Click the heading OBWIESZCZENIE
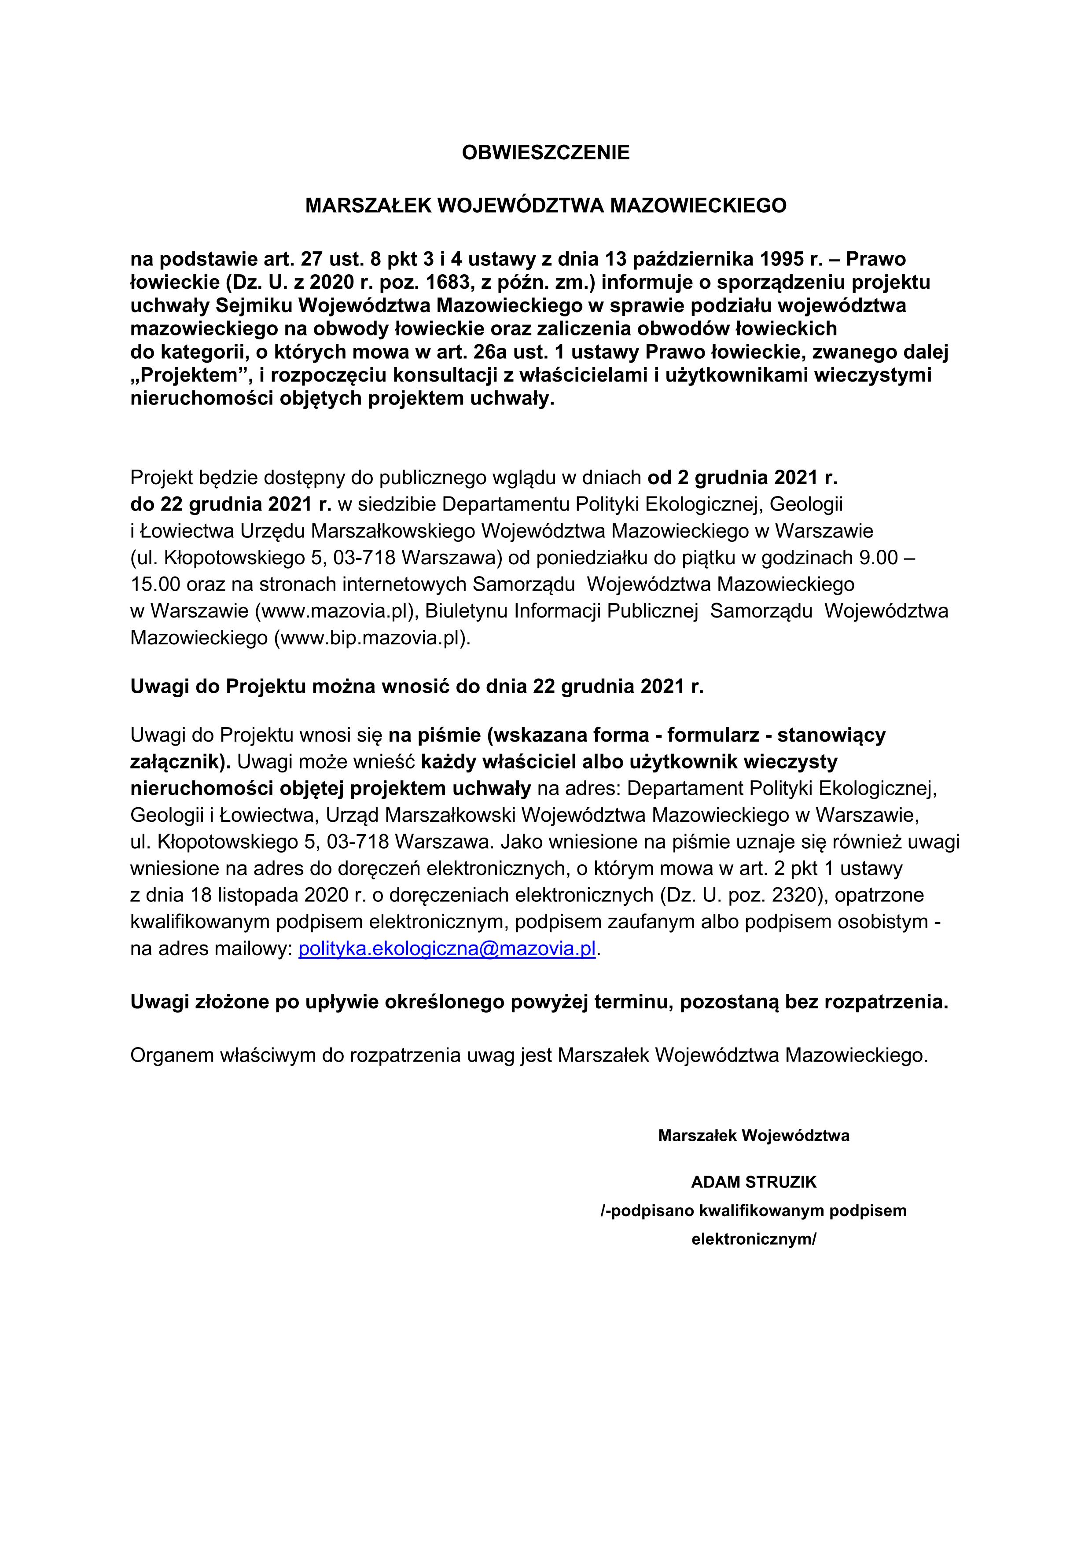coord(545,153)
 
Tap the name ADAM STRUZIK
coord(754,1181)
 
